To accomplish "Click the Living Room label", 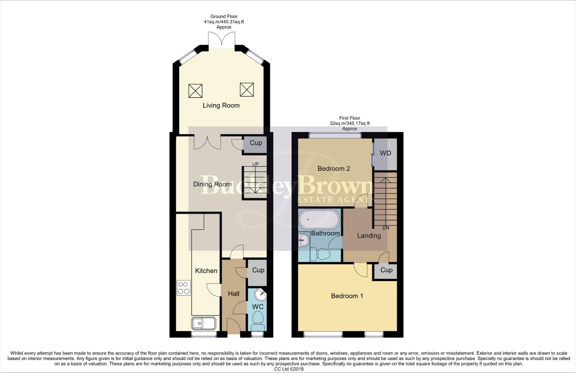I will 221,105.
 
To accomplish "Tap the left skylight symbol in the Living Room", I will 195,91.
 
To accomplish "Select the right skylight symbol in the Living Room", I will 247,90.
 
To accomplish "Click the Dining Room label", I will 212,184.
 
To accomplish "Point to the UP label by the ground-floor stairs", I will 255,164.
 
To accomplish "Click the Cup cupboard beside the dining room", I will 256,143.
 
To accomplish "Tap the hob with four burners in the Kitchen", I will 184,288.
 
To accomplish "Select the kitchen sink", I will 204,323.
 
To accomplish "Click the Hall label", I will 234,294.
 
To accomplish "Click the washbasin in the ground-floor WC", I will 260,295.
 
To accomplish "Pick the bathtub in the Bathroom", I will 319,219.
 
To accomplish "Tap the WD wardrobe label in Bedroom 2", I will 385,153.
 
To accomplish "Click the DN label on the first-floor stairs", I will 386,228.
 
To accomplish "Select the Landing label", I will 369,236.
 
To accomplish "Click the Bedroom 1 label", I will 347,296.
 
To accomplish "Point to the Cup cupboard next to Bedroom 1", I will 386,270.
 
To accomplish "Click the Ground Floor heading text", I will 224,16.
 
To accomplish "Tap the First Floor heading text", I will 349,118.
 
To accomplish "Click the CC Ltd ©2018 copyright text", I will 289,369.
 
